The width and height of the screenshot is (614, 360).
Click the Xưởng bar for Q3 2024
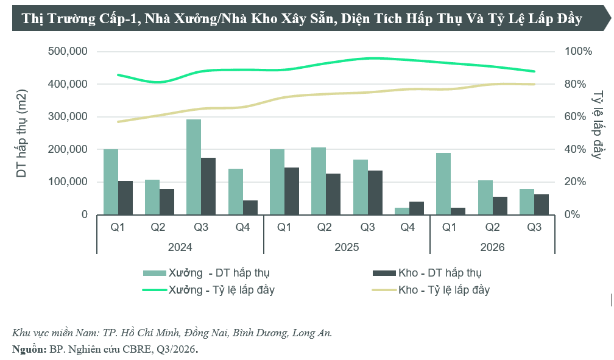tap(194, 167)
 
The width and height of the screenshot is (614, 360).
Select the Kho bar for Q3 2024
tap(208, 186)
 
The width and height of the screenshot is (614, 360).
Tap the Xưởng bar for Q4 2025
tap(402, 211)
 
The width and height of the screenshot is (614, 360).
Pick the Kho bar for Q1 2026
tap(458, 211)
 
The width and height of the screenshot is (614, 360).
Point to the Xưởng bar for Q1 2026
tap(443, 184)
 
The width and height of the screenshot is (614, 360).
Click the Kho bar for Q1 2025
tap(291, 191)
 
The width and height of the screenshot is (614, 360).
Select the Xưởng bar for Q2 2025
tap(319, 181)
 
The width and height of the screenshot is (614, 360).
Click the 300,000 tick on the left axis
tap(68, 116)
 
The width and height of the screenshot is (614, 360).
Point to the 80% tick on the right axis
tap(575, 84)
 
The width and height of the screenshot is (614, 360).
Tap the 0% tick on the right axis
tap(572, 214)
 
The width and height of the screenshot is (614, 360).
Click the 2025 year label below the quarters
tap(347, 247)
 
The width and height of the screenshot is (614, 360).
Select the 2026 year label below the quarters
tap(492, 247)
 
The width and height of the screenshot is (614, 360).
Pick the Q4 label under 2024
tap(243, 227)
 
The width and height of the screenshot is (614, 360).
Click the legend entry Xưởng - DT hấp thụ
tap(206, 273)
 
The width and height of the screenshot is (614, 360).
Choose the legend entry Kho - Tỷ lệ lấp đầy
tap(431, 291)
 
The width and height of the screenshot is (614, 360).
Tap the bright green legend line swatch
tap(155, 290)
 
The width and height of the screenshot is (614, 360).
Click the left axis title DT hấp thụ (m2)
tap(21, 133)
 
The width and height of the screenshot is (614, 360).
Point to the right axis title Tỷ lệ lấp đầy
tap(598, 125)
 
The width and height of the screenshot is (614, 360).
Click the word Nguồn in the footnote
tap(29, 349)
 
